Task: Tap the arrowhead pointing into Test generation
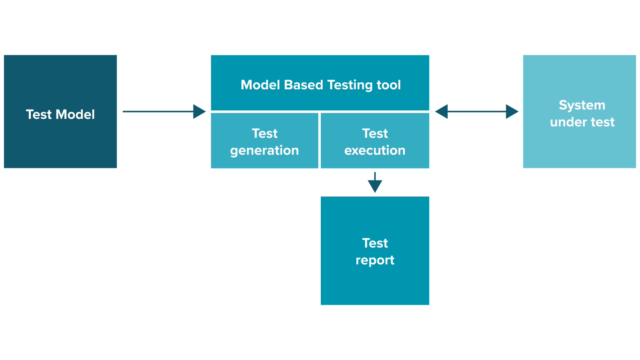(x=200, y=112)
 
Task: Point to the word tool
(x=389, y=85)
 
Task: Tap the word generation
(x=264, y=150)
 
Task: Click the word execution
(x=375, y=150)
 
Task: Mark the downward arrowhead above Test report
(x=375, y=186)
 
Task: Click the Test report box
(x=375, y=284)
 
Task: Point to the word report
(x=375, y=260)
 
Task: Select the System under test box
(x=579, y=148)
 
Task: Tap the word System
(x=582, y=105)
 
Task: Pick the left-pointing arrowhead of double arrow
(x=442, y=112)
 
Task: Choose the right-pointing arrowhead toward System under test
(x=512, y=112)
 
